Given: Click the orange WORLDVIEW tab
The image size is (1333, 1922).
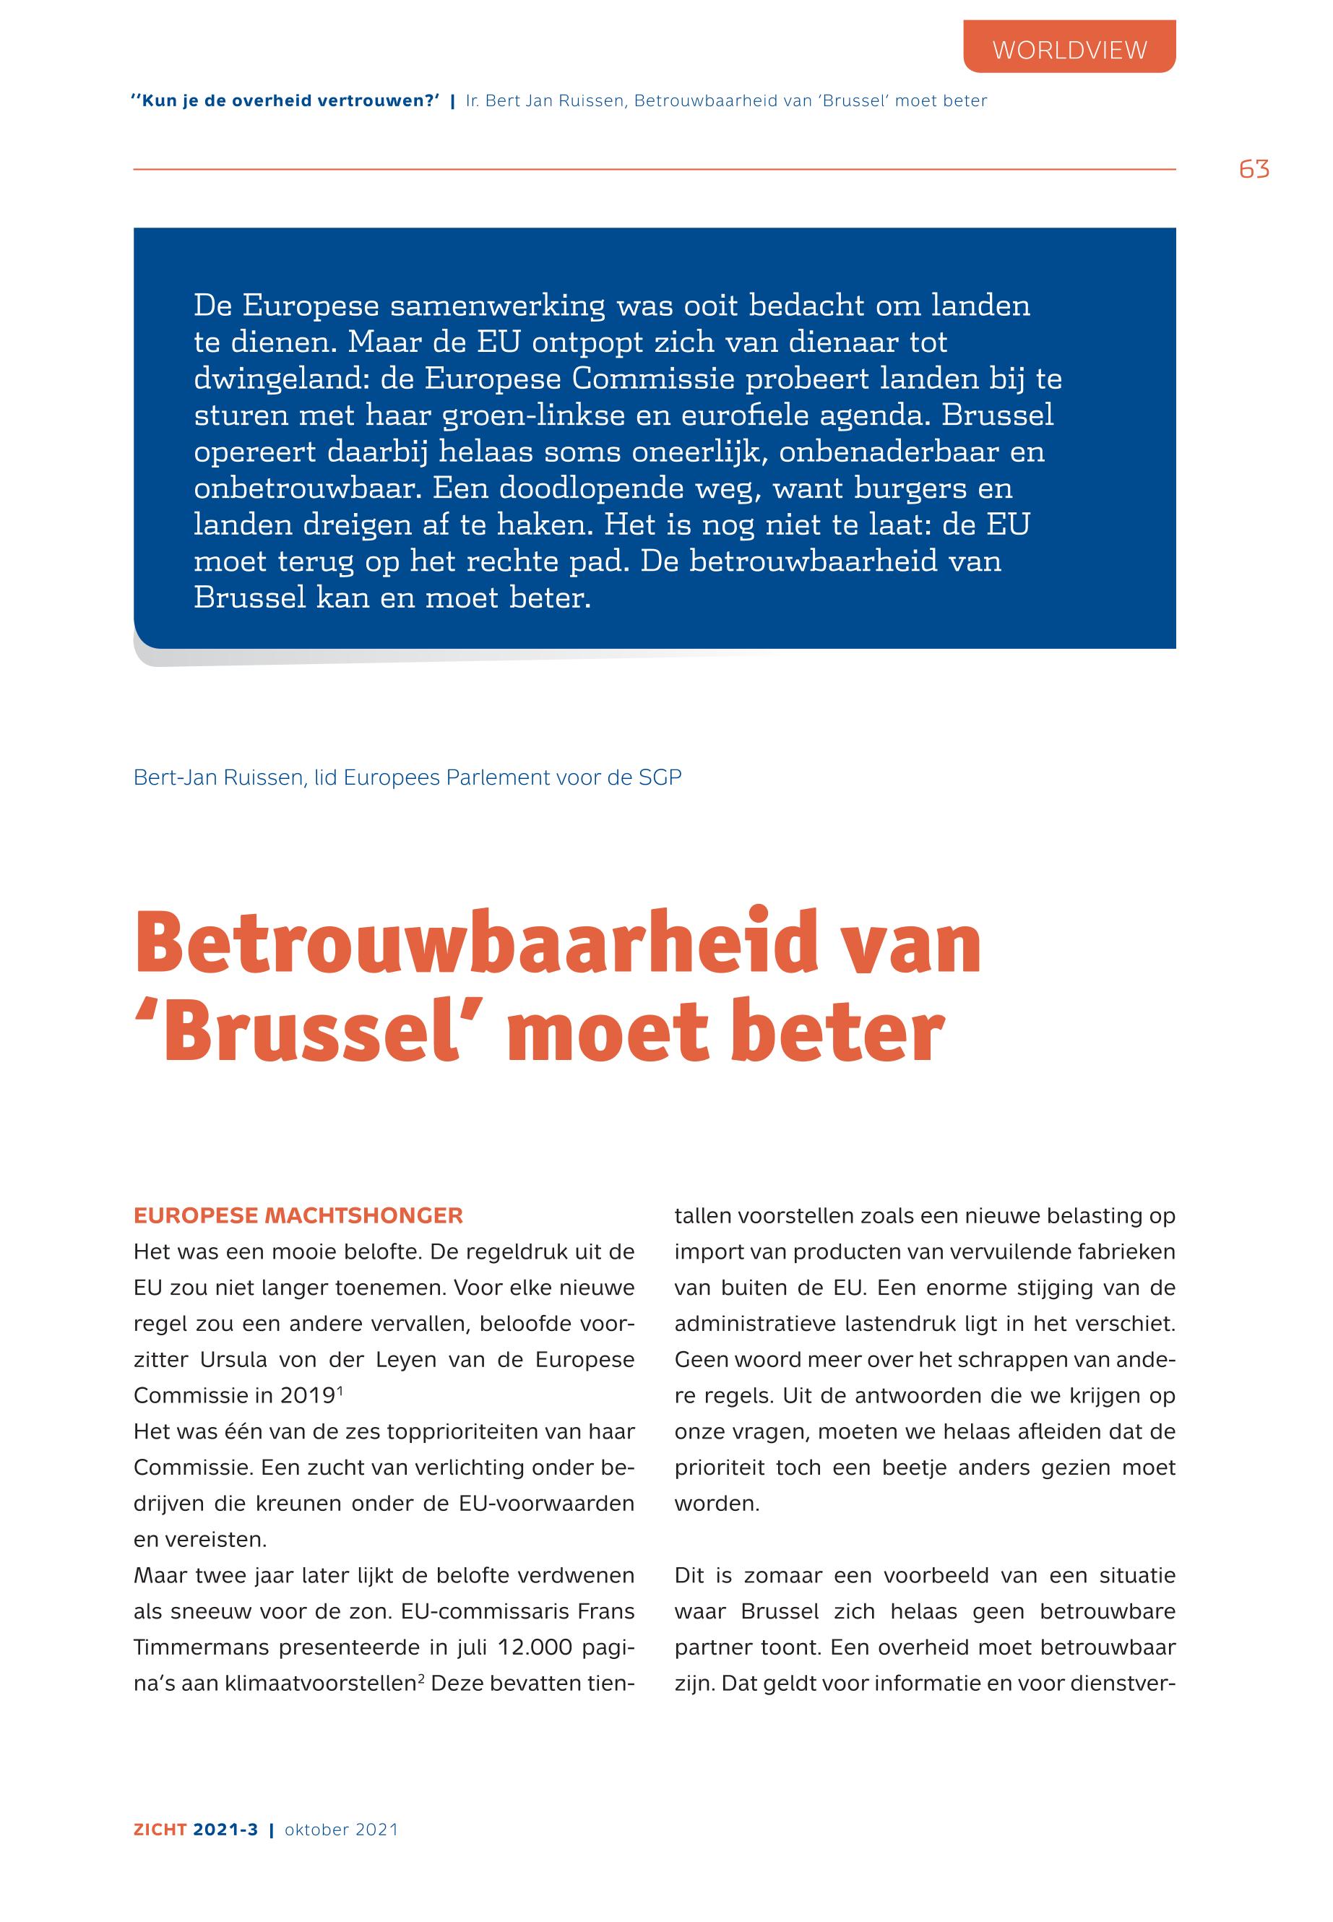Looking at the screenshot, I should tap(1069, 50).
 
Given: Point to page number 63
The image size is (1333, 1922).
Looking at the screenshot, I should tap(1254, 170).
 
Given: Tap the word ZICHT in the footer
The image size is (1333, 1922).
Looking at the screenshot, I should tap(160, 1830).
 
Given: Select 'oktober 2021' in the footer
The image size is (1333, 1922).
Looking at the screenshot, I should tap(341, 1830).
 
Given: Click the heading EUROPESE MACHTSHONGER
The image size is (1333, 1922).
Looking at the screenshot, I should tap(298, 1215).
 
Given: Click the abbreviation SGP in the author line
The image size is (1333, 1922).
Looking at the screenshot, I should tap(660, 777).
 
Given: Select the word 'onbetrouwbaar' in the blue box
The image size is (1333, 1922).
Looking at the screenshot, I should tap(302, 488).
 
